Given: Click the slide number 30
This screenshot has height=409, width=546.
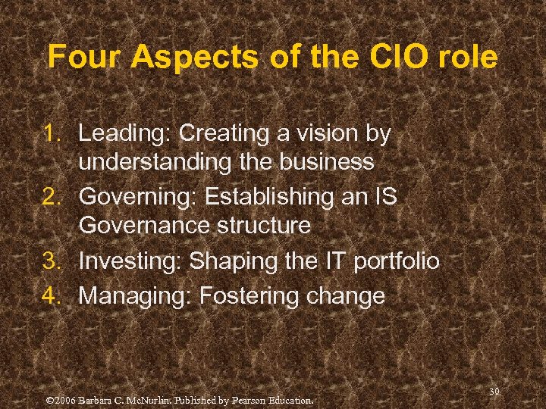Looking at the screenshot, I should pos(494,391).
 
